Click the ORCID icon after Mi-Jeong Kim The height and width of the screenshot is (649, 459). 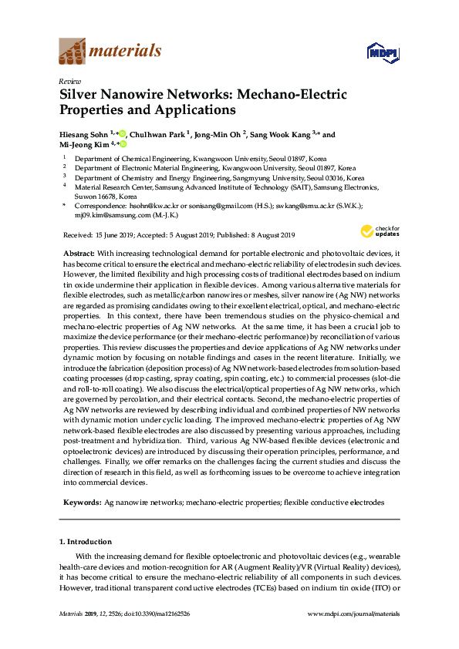(x=122, y=144)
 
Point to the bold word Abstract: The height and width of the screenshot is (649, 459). (x=77, y=254)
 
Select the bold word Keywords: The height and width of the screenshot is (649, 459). (x=80, y=502)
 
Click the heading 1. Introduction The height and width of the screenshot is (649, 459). (x=86, y=542)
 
